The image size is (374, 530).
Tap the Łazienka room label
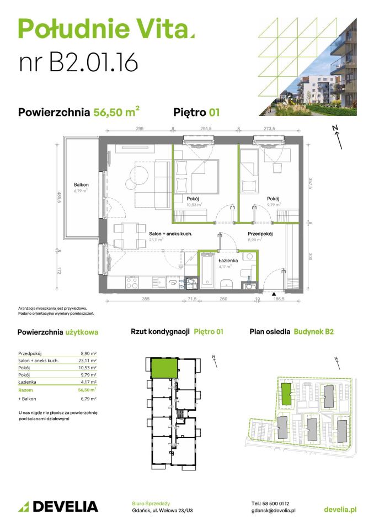(227, 259)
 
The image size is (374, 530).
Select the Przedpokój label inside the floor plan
(260, 234)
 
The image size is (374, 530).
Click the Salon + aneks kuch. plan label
(170, 234)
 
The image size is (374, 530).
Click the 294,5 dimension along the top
(206, 128)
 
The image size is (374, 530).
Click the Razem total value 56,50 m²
(87, 389)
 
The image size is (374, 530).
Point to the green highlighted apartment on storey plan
(164, 368)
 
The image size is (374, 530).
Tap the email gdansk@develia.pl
(273, 511)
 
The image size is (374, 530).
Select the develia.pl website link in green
(339, 508)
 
